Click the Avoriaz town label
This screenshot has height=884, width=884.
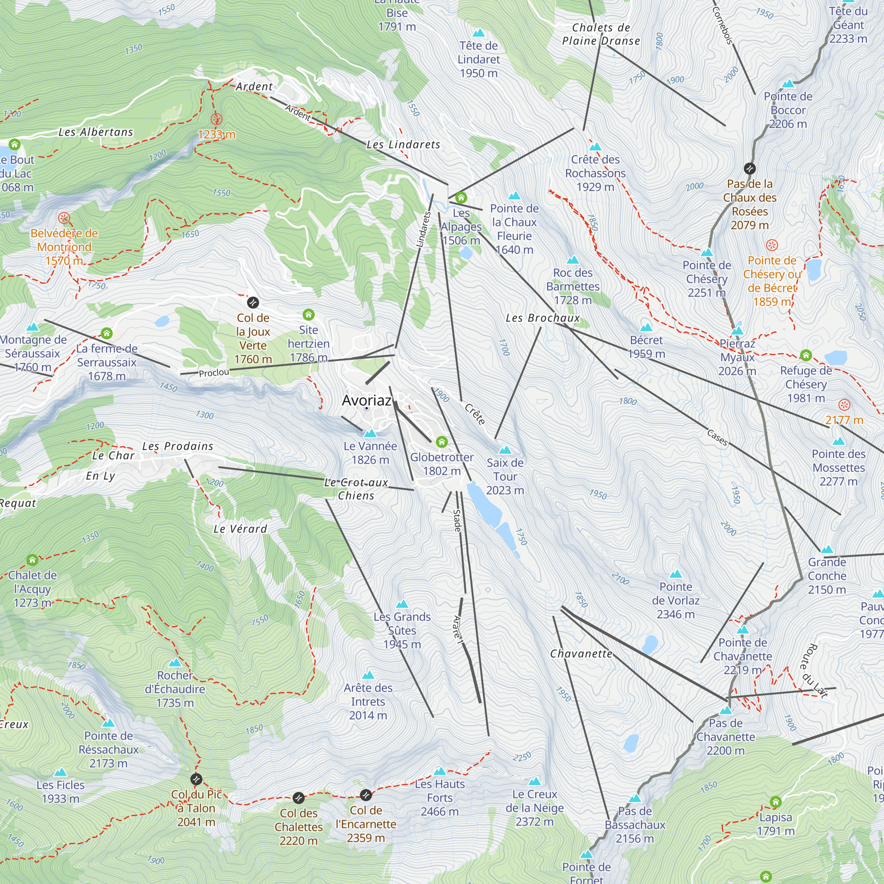click(366, 400)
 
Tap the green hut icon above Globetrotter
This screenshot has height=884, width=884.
click(442, 442)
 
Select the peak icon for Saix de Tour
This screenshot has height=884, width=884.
click(505, 450)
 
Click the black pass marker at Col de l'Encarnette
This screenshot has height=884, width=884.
click(366, 795)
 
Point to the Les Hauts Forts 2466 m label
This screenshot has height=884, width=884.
click(439, 797)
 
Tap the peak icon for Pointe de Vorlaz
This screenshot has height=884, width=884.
click(675, 574)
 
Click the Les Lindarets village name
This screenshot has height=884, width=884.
click(403, 145)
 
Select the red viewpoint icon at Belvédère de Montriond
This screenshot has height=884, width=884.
click(64, 218)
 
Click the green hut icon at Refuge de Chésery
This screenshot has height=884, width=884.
click(806, 355)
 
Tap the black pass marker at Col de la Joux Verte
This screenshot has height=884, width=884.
click(253, 302)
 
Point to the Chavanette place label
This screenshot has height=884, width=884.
click(581, 654)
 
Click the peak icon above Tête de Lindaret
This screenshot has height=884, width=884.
click(479, 33)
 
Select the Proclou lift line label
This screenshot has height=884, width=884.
click(213, 373)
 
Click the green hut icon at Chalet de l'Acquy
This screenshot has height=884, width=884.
click(32, 560)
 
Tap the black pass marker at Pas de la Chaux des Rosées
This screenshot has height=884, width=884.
click(750, 169)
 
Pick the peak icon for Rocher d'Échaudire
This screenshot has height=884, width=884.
click(175, 663)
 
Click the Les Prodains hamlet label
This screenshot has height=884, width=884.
click(178, 446)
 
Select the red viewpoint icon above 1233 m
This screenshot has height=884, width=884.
click(217, 119)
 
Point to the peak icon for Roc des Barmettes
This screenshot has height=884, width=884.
click(573, 260)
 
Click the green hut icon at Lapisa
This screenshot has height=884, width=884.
click(775, 802)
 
